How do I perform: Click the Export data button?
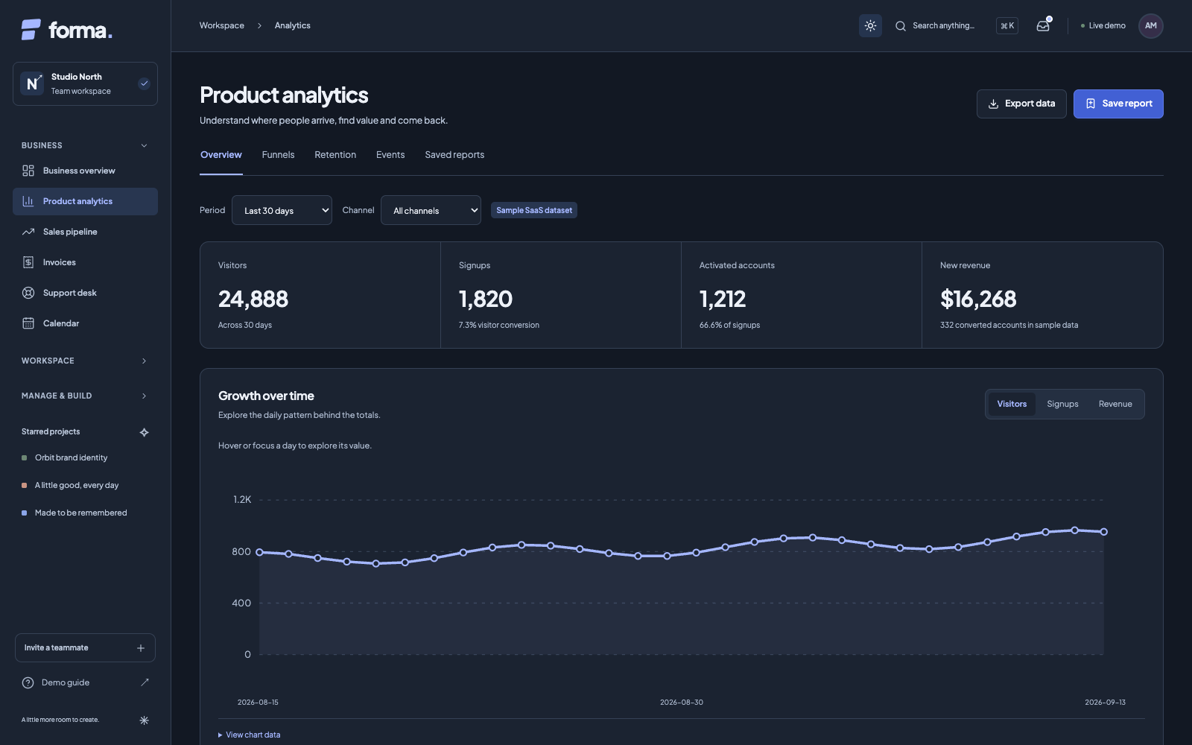(1021, 104)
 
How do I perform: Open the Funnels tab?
(278, 155)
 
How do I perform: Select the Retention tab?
(335, 155)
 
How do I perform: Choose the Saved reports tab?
(454, 155)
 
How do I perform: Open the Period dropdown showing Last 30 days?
(282, 210)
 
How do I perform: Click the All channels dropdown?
(431, 210)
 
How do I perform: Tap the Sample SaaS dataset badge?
(533, 210)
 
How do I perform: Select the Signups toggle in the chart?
(1062, 404)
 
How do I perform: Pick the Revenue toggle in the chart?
(1115, 404)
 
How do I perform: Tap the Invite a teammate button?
(85, 647)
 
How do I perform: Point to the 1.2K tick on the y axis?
(242, 500)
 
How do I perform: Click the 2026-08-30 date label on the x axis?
(681, 703)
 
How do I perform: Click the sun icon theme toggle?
(870, 25)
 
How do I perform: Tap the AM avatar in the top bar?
(1150, 25)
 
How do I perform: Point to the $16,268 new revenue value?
(978, 299)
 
